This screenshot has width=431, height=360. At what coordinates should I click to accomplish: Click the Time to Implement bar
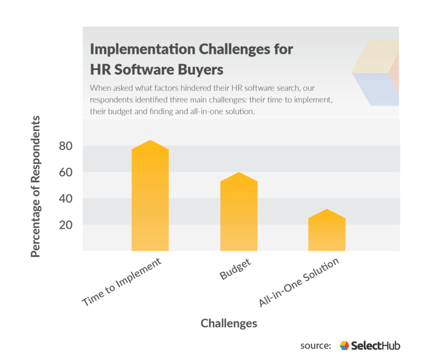coord(150,196)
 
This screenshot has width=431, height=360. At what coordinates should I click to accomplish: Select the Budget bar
coord(239,212)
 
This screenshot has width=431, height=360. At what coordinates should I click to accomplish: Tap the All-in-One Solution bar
coord(327,230)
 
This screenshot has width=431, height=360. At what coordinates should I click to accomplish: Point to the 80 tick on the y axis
coord(66,146)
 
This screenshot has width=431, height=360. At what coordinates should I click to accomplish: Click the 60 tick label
coord(66,172)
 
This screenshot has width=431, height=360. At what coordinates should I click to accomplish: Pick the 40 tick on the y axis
coord(66,199)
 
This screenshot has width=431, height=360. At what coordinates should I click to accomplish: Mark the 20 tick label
coord(66,225)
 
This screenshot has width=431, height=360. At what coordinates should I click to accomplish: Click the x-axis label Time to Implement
coord(121,282)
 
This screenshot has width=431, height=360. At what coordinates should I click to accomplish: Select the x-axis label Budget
coord(235,269)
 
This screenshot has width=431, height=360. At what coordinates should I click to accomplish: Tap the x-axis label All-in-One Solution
coord(299,282)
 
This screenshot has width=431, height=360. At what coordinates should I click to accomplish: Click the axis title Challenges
coord(229,323)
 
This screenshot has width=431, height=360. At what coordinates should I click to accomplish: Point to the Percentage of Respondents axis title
coord(36,187)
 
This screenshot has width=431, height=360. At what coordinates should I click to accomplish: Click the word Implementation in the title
coord(143,49)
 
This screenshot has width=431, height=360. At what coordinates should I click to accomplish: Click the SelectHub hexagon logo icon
coord(344,346)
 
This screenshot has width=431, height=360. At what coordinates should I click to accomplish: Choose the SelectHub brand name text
coord(375,346)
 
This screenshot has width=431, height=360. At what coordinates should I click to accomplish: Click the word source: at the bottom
coord(316,346)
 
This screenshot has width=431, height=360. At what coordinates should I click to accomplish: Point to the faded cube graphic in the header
coord(375,73)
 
